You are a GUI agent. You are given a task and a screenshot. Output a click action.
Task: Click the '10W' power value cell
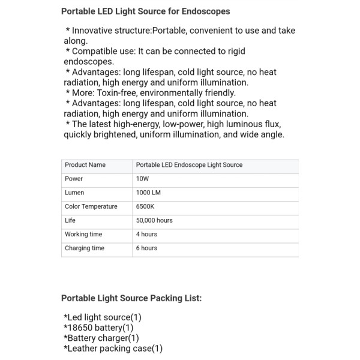[x=142, y=179]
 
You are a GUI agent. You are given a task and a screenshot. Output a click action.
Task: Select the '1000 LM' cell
[x=148, y=193]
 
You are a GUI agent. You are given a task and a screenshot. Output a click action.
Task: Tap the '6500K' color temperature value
[x=145, y=206]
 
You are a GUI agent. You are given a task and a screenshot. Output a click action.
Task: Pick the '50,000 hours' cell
[x=154, y=220]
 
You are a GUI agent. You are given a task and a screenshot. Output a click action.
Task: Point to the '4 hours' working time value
[x=146, y=234]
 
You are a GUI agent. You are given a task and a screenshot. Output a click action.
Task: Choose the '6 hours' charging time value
[x=146, y=248]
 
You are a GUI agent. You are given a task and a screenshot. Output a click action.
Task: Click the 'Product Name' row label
[x=85, y=164]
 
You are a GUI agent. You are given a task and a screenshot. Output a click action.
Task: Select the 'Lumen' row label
[x=74, y=193]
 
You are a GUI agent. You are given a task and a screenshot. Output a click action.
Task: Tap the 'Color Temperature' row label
[x=91, y=206]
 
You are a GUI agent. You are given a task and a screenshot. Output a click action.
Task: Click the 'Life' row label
[x=70, y=220]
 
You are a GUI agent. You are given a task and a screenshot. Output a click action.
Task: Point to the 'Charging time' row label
[x=85, y=248]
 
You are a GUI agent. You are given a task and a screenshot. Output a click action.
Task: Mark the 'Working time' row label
[x=83, y=234]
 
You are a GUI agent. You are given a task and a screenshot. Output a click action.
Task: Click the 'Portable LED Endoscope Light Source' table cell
[x=189, y=164]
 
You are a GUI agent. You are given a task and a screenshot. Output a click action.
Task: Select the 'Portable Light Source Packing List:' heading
[x=131, y=298]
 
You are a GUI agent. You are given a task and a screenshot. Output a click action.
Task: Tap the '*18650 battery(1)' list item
[x=98, y=328]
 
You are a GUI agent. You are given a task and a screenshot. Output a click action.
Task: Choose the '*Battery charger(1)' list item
[x=101, y=338]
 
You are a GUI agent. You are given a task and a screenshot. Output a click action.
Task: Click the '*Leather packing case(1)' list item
[x=113, y=348]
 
